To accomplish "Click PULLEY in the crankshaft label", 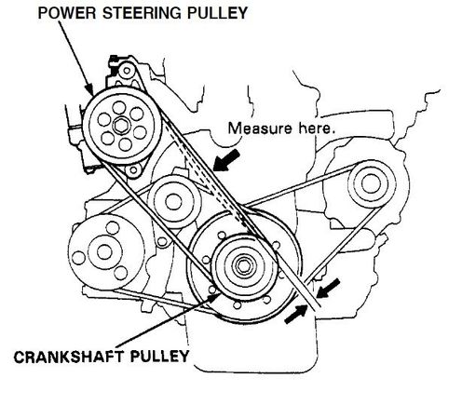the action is (x=159, y=357).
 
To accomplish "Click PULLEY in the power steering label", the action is (x=217, y=13).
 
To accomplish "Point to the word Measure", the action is (x=260, y=128).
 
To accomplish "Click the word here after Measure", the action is (x=317, y=128).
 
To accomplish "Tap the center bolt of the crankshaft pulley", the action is (x=242, y=265).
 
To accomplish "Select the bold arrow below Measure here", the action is (x=226, y=160).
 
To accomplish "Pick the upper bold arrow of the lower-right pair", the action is (x=328, y=289).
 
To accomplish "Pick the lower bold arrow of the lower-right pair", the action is (x=295, y=314).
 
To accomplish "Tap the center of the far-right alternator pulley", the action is (x=370, y=183).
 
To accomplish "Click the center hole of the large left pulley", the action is (x=104, y=252).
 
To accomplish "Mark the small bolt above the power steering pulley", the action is (x=127, y=71).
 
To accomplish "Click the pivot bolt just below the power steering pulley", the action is (x=133, y=170).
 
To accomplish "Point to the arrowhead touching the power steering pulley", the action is (x=89, y=89).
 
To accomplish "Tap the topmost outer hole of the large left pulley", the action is (x=112, y=228).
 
